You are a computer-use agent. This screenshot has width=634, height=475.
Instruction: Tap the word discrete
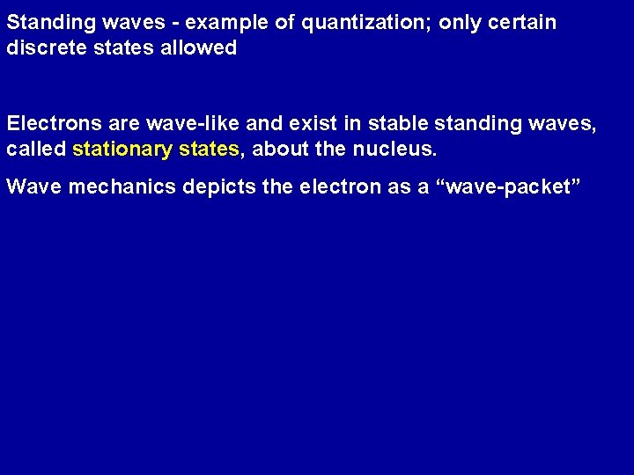pyautogui.click(x=41, y=48)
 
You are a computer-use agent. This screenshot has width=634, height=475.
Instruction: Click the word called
pyautogui.click(x=36, y=150)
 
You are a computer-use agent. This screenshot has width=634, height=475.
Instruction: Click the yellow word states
pyautogui.click(x=208, y=150)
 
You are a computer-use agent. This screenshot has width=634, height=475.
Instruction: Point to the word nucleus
pyautogui.click(x=394, y=150)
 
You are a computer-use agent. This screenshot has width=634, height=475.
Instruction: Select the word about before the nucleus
pyautogui.click(x=280, y=150)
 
